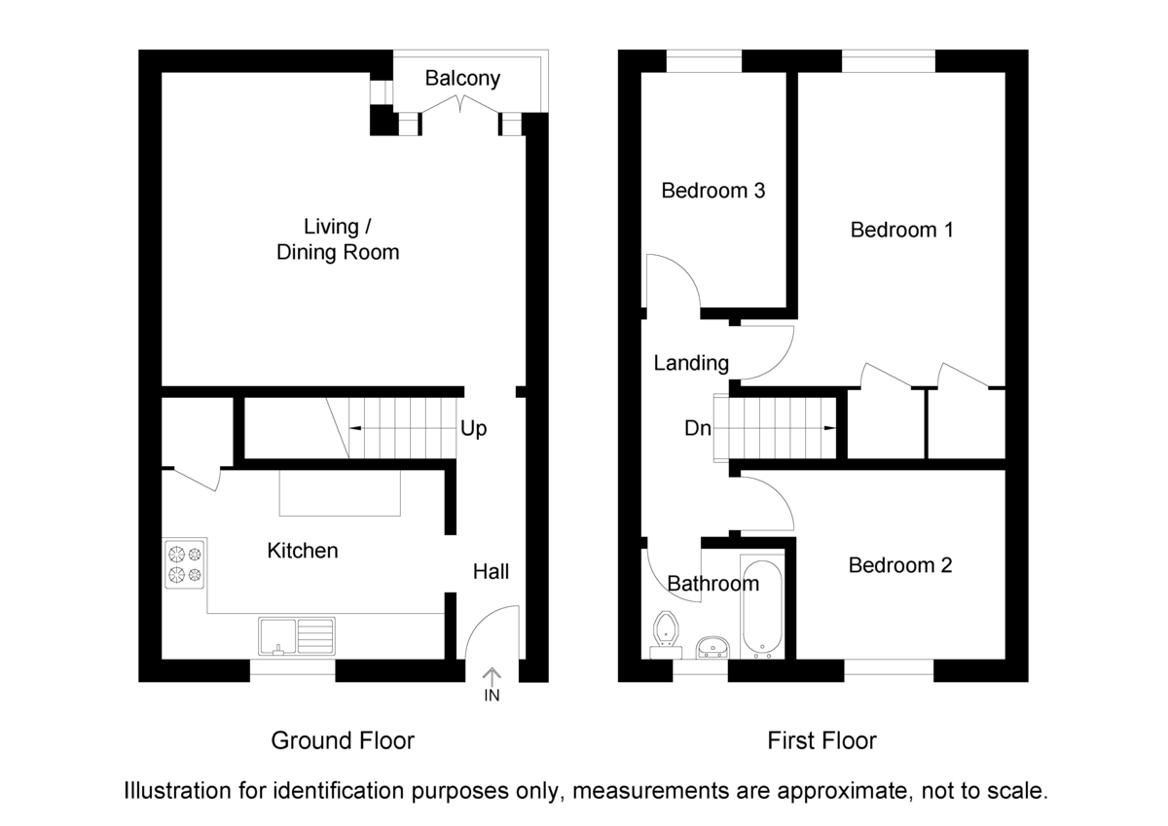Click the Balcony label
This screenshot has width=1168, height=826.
(462, 79)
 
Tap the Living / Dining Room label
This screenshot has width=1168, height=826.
(338, 239)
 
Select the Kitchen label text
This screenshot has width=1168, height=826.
(303, 551)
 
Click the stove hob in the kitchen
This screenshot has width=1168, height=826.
(185, 564)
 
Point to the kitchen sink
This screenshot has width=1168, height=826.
(297, 636)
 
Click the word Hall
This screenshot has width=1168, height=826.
(491, 572)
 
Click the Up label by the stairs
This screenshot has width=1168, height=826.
(474, 428)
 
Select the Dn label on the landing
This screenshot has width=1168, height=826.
(696, 429)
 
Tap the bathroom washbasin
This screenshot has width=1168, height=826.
(713, 647)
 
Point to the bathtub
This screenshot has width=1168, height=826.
(760, 609)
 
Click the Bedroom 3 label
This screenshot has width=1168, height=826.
(712, 191)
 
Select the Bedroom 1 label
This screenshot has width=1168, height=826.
(901, 231)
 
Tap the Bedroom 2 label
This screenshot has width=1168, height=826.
(899, 565)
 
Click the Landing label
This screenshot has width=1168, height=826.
(691, 364)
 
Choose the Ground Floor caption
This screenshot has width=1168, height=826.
(343, 740)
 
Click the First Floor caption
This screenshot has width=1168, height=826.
(821, 740)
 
